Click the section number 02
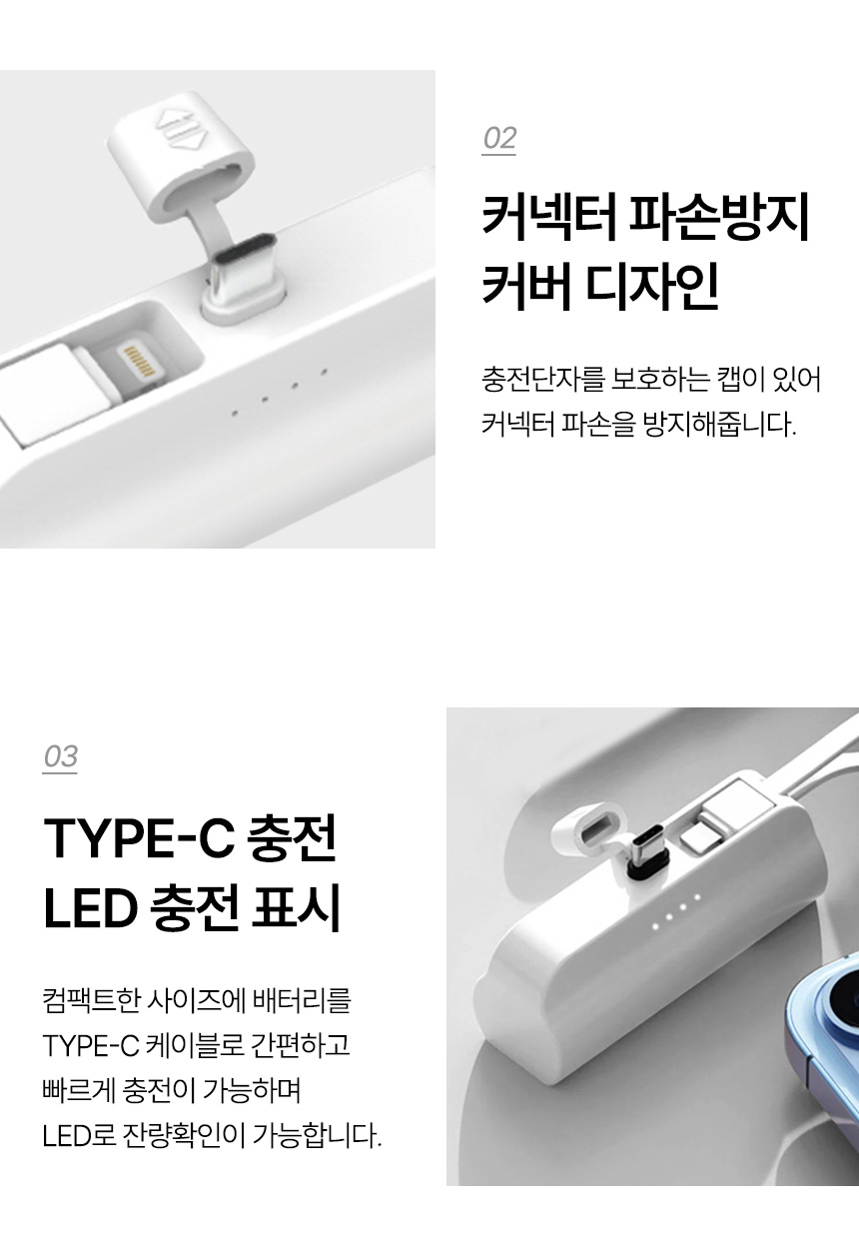[x=499, y=138]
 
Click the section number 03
[x=60, y=756]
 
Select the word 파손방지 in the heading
[x=719, y=217]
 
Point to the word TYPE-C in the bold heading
[x=139, y=837]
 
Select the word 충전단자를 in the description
[x=543, y=380]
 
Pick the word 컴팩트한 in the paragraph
[x=91, y=1000]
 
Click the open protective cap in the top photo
[x=180, y=155]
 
